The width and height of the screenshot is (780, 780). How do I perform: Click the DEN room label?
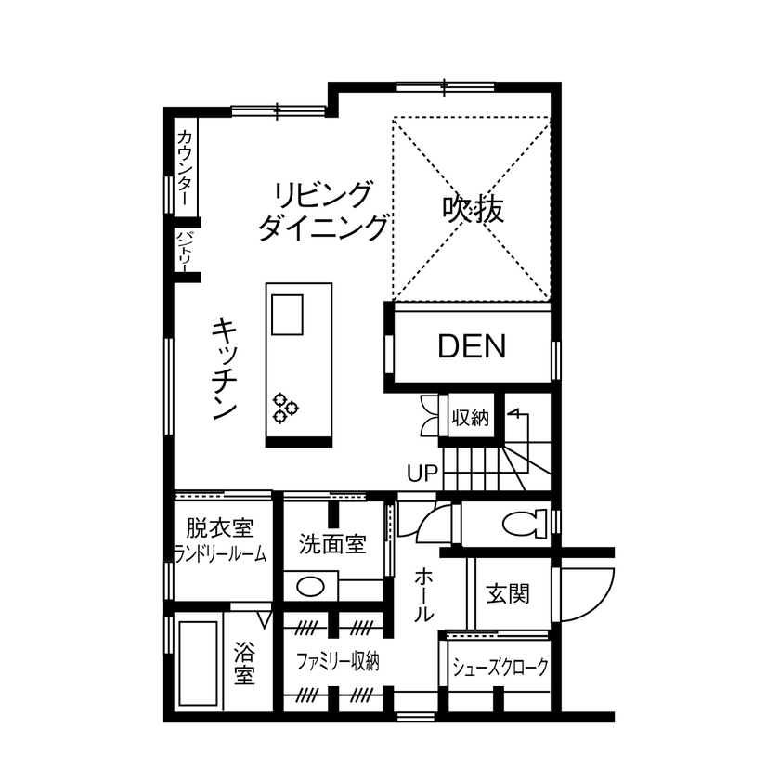coord(472,347)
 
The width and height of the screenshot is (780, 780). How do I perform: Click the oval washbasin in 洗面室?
coord(313,587)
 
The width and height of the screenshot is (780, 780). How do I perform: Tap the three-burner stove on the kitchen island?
coord(285,407)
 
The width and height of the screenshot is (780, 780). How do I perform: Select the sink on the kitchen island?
coord(287,314)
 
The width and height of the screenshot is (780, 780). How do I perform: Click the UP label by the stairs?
coord(422,474)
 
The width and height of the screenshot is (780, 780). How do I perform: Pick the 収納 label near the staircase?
coord(470,418)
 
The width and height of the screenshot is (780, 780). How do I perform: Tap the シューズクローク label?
coord(500,667)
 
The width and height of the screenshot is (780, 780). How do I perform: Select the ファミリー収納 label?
coord(337,661)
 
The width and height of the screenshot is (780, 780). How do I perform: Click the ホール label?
coord(422,594)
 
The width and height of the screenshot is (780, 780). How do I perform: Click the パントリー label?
coord(184,249)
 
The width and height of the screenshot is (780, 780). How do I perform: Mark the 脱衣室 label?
coord(219,529)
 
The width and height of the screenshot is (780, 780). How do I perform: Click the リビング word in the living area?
coord(322,195)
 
